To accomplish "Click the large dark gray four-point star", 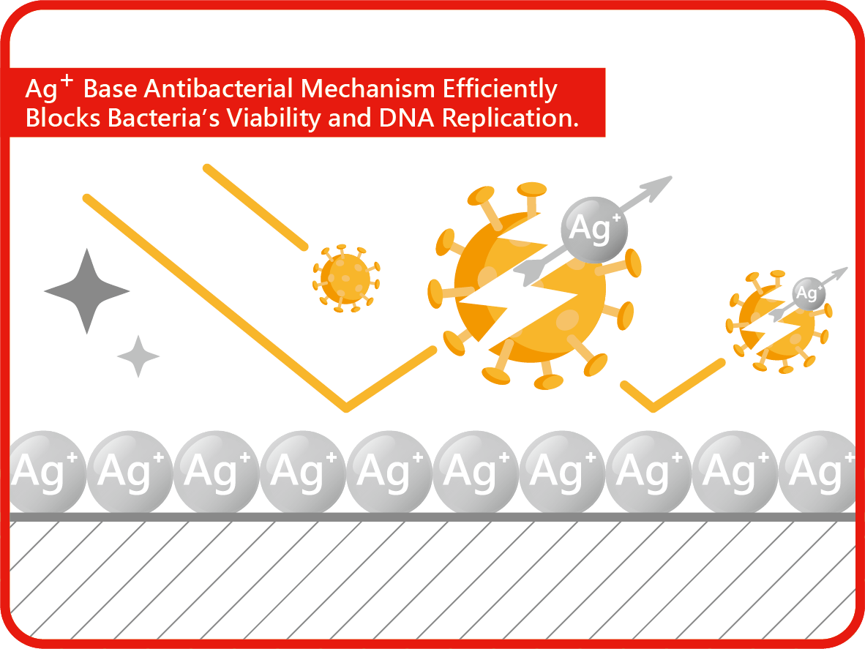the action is (86, 291).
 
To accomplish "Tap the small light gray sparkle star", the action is (138, 356).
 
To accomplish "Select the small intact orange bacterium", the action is (346, 279).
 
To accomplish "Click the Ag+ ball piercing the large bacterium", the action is (594, 230).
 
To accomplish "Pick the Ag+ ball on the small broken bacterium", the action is (809, 293).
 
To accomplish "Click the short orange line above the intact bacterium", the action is (255, 207).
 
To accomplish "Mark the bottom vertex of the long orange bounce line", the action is (346, 408).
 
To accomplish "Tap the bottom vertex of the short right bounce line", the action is (654, 408).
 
